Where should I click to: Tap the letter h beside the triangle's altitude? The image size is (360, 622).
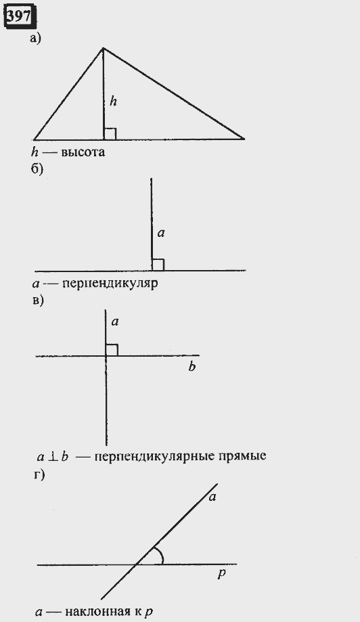pos(114,102)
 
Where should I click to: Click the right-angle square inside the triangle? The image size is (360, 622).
pos(110,134)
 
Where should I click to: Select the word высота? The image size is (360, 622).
pos(83,152)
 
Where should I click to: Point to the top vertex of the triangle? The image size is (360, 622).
pos(103,48)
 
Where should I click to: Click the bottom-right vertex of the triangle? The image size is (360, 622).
pos(244,139)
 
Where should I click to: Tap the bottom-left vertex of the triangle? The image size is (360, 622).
pos(34,139)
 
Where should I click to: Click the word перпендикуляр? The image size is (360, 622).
pos(110,284)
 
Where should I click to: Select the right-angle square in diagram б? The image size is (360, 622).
pos(158,265)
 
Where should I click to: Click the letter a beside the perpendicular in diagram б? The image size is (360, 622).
pos(160,234)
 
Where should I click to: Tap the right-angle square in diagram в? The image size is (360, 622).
pos(112,350)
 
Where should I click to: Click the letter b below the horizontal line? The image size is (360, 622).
pos(192,367)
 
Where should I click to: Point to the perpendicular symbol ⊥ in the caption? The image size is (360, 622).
pos(52,457)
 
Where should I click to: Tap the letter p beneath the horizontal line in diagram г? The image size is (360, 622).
pos(222,574)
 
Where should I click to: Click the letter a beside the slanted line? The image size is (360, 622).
pos(212,496)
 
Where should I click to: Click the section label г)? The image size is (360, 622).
pos(38,474)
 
